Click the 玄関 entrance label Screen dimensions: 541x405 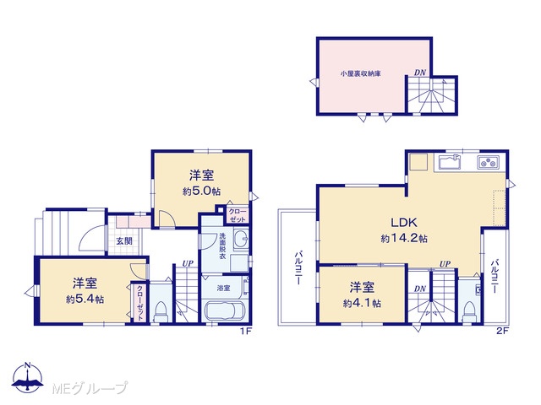click(124, 241)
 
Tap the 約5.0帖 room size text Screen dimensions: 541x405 click(201, 192)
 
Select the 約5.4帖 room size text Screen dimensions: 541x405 click(85, 300)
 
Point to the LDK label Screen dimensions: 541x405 click(404, 222)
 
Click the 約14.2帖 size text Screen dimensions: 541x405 click(404, 238)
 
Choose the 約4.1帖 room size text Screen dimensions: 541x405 click(362, 303)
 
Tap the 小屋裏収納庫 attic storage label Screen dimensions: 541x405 click(361, 73)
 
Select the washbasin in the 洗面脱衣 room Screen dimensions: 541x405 click(241, 239)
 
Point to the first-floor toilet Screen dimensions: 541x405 click(161, 311)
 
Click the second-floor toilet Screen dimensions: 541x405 click(469, 311)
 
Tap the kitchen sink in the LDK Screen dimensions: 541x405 click(450, 162)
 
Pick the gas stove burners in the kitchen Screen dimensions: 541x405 click(488, 162)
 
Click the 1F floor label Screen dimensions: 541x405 click(247, 332)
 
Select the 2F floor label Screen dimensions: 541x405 click(502, 332)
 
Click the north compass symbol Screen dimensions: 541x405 click(28, 377)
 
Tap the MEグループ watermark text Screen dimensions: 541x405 click(90, 388)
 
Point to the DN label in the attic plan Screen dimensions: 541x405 click(420, 73)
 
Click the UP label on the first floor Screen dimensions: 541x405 click(188, 264)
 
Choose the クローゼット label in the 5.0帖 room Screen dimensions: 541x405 click(238, 215)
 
